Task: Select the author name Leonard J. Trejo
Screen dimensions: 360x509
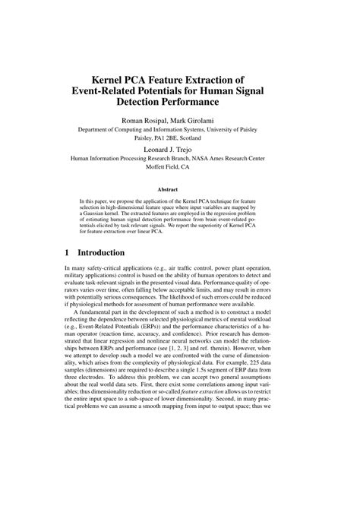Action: coord(179,150)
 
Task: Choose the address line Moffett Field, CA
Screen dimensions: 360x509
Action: coord(179,169)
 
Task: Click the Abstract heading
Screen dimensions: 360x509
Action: coord(179,190)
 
